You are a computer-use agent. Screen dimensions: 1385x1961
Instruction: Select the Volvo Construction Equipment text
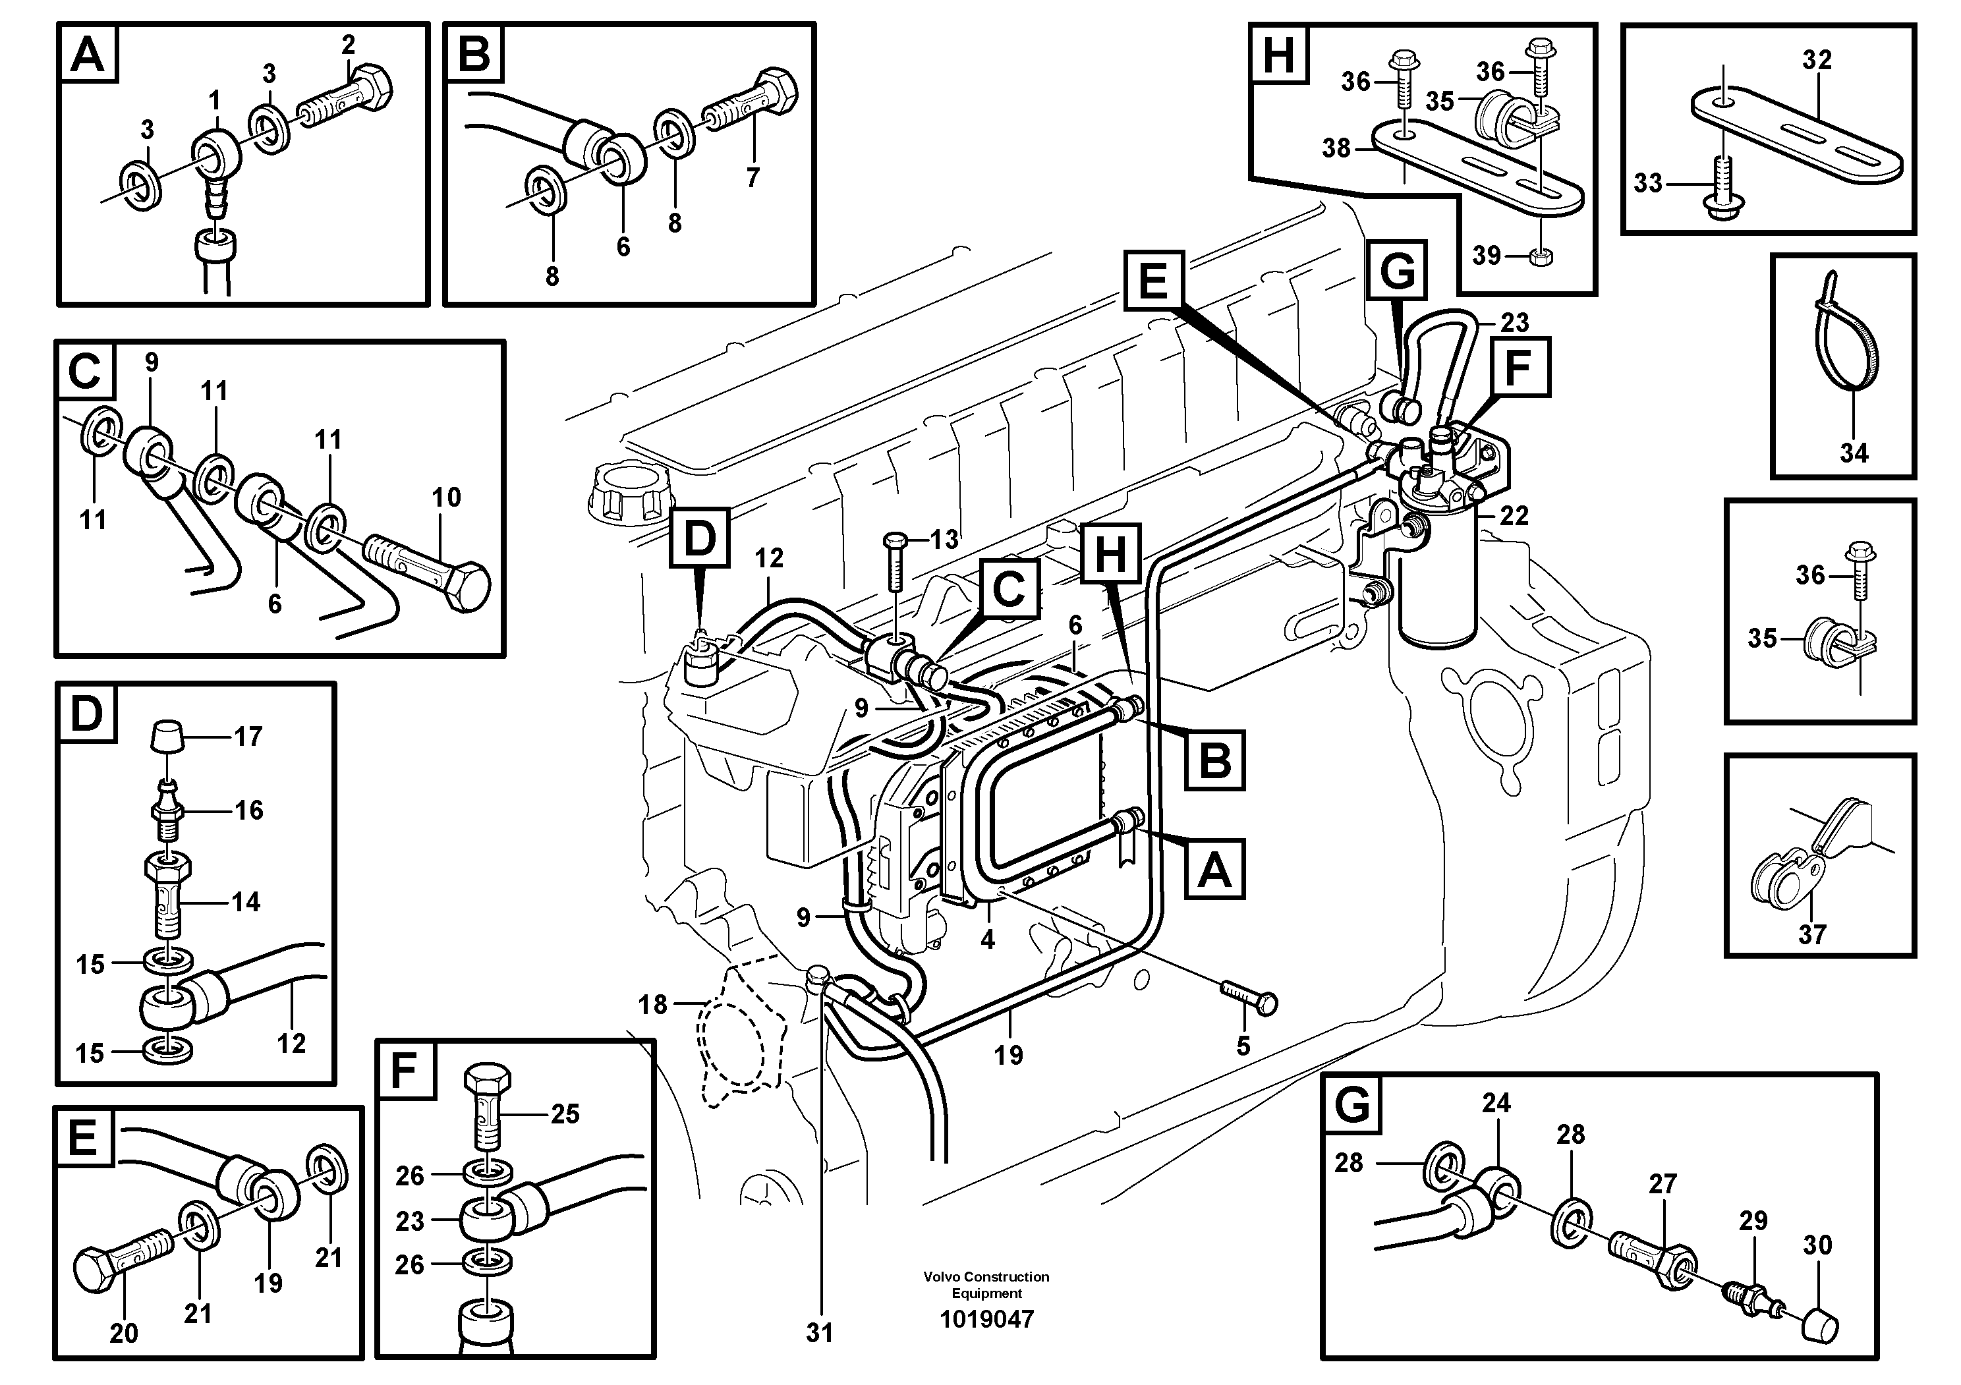[986, 1284]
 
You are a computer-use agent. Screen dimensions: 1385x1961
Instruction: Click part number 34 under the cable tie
[1854, 453]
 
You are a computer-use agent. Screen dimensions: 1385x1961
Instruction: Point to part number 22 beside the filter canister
[1514, 516]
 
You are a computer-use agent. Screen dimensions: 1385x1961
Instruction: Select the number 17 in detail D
[248, 736]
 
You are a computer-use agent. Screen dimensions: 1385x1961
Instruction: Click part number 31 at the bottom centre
[819, 1333]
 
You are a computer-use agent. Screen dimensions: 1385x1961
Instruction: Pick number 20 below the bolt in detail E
[124, 1333]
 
